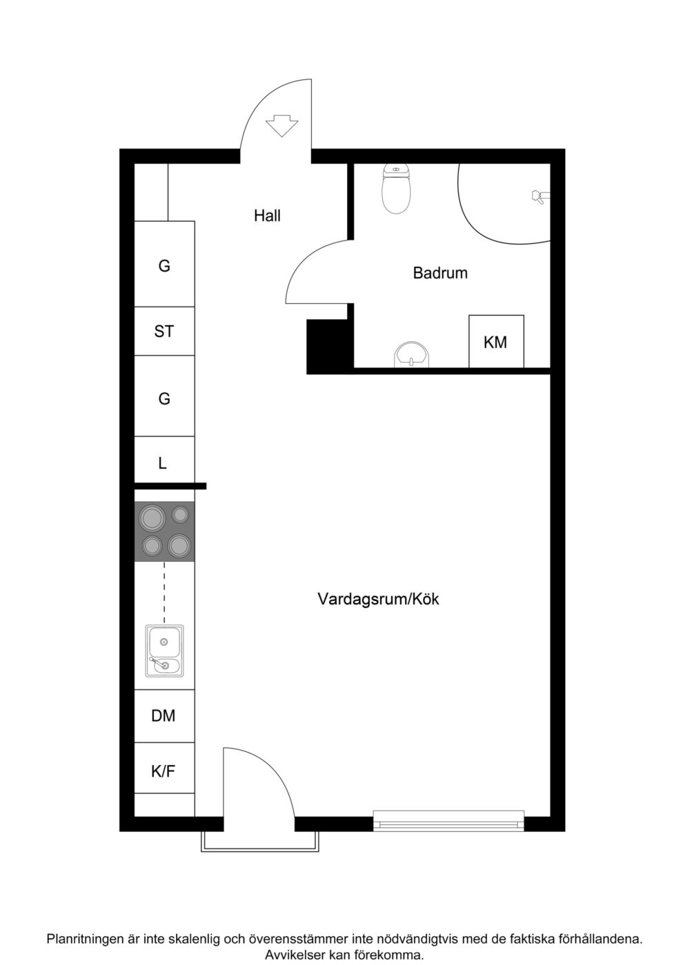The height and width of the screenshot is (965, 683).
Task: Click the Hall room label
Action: pyautogui.click(x=267, y=215)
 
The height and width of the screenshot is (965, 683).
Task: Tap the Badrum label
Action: pyautogui.click(x=440, y=273)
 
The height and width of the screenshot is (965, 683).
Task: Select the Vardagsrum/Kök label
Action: pyautogui.click(x=378, y=599)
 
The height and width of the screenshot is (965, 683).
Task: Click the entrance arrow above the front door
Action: pyautogui.click(x=281, y=125)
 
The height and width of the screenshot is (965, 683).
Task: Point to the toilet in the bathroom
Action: pyautogui.click(x=396, y=189)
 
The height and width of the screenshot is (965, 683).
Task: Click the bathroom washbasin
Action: pyautogui.click(x=412, y=355)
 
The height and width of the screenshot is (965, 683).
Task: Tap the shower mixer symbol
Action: pyautogui.click(x=540, y=196)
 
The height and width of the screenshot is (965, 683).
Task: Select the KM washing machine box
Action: pyautogui.click(x=496, y=341)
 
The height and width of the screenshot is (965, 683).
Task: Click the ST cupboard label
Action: pyautogui.click(x=164, y=332)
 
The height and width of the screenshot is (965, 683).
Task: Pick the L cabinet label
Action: pyautogui.click(x=163, y=463)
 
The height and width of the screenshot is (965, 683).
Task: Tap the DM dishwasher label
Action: pyautogui.click(x=164, y=715)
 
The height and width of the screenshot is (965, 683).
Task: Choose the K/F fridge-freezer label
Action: pyautogui.click(x=164, y=771)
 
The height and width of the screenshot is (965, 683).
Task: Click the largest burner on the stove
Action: pyautogui.click(x=152, y=518)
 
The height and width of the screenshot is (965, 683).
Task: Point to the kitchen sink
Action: pyautogui.click(x=164, y=651)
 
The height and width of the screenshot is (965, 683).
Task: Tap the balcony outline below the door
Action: pyautogui.click(x=261, y=850)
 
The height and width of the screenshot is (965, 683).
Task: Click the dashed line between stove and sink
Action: pyautogui.click(x=164, y=593)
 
